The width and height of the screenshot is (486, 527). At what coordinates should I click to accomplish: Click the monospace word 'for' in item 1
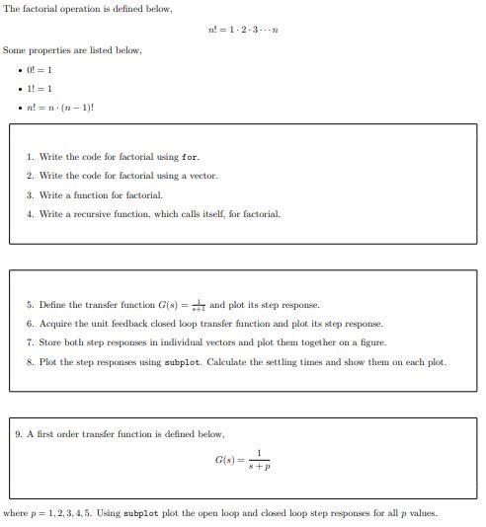click(192, 158)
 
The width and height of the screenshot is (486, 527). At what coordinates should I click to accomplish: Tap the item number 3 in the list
click(30, 194)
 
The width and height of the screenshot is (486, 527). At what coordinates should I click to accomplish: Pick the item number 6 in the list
click(30, 324)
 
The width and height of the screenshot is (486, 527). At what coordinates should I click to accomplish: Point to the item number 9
click(19, 434)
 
